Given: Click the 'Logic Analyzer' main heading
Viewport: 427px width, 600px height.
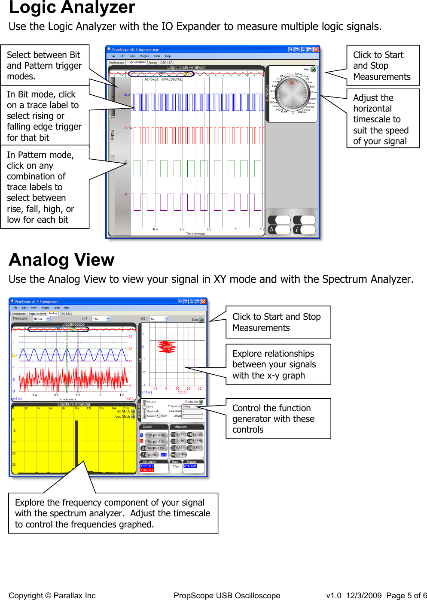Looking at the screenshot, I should click(x=72, y=8).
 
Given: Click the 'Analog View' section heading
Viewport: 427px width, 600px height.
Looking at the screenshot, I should click(x=61, y=260).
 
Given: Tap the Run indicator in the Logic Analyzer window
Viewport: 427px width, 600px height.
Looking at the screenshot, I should click(x=313, y=69).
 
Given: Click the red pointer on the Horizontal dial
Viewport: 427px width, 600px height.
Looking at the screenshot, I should click(x=292, y=82).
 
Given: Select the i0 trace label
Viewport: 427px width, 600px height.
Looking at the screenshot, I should click(x=126, y=95).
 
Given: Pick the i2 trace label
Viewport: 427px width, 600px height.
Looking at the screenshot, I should click(x=126, y=161).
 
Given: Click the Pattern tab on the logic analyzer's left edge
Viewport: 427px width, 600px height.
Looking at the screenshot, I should click(x=113, y=135).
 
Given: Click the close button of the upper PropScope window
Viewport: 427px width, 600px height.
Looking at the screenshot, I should click(x=316, y=50).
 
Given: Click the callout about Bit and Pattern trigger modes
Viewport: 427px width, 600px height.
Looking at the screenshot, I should click(x=45, y=65).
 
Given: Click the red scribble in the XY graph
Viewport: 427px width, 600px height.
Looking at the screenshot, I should click(x=167, y=347).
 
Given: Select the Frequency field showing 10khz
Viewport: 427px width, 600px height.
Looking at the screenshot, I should click(x=192, y=406).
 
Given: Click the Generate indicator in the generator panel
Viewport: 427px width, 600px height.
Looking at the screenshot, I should click(x=201, y=402).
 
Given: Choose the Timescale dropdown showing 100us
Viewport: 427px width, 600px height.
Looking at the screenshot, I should click(x=41, y=319).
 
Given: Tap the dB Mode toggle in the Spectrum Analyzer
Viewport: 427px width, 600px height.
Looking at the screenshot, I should click(x=133, y=411).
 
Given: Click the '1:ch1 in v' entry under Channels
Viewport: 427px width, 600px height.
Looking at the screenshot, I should click(x=147, y=466).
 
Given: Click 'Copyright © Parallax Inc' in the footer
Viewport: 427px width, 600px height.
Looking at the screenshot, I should click(x=52, y=595).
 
